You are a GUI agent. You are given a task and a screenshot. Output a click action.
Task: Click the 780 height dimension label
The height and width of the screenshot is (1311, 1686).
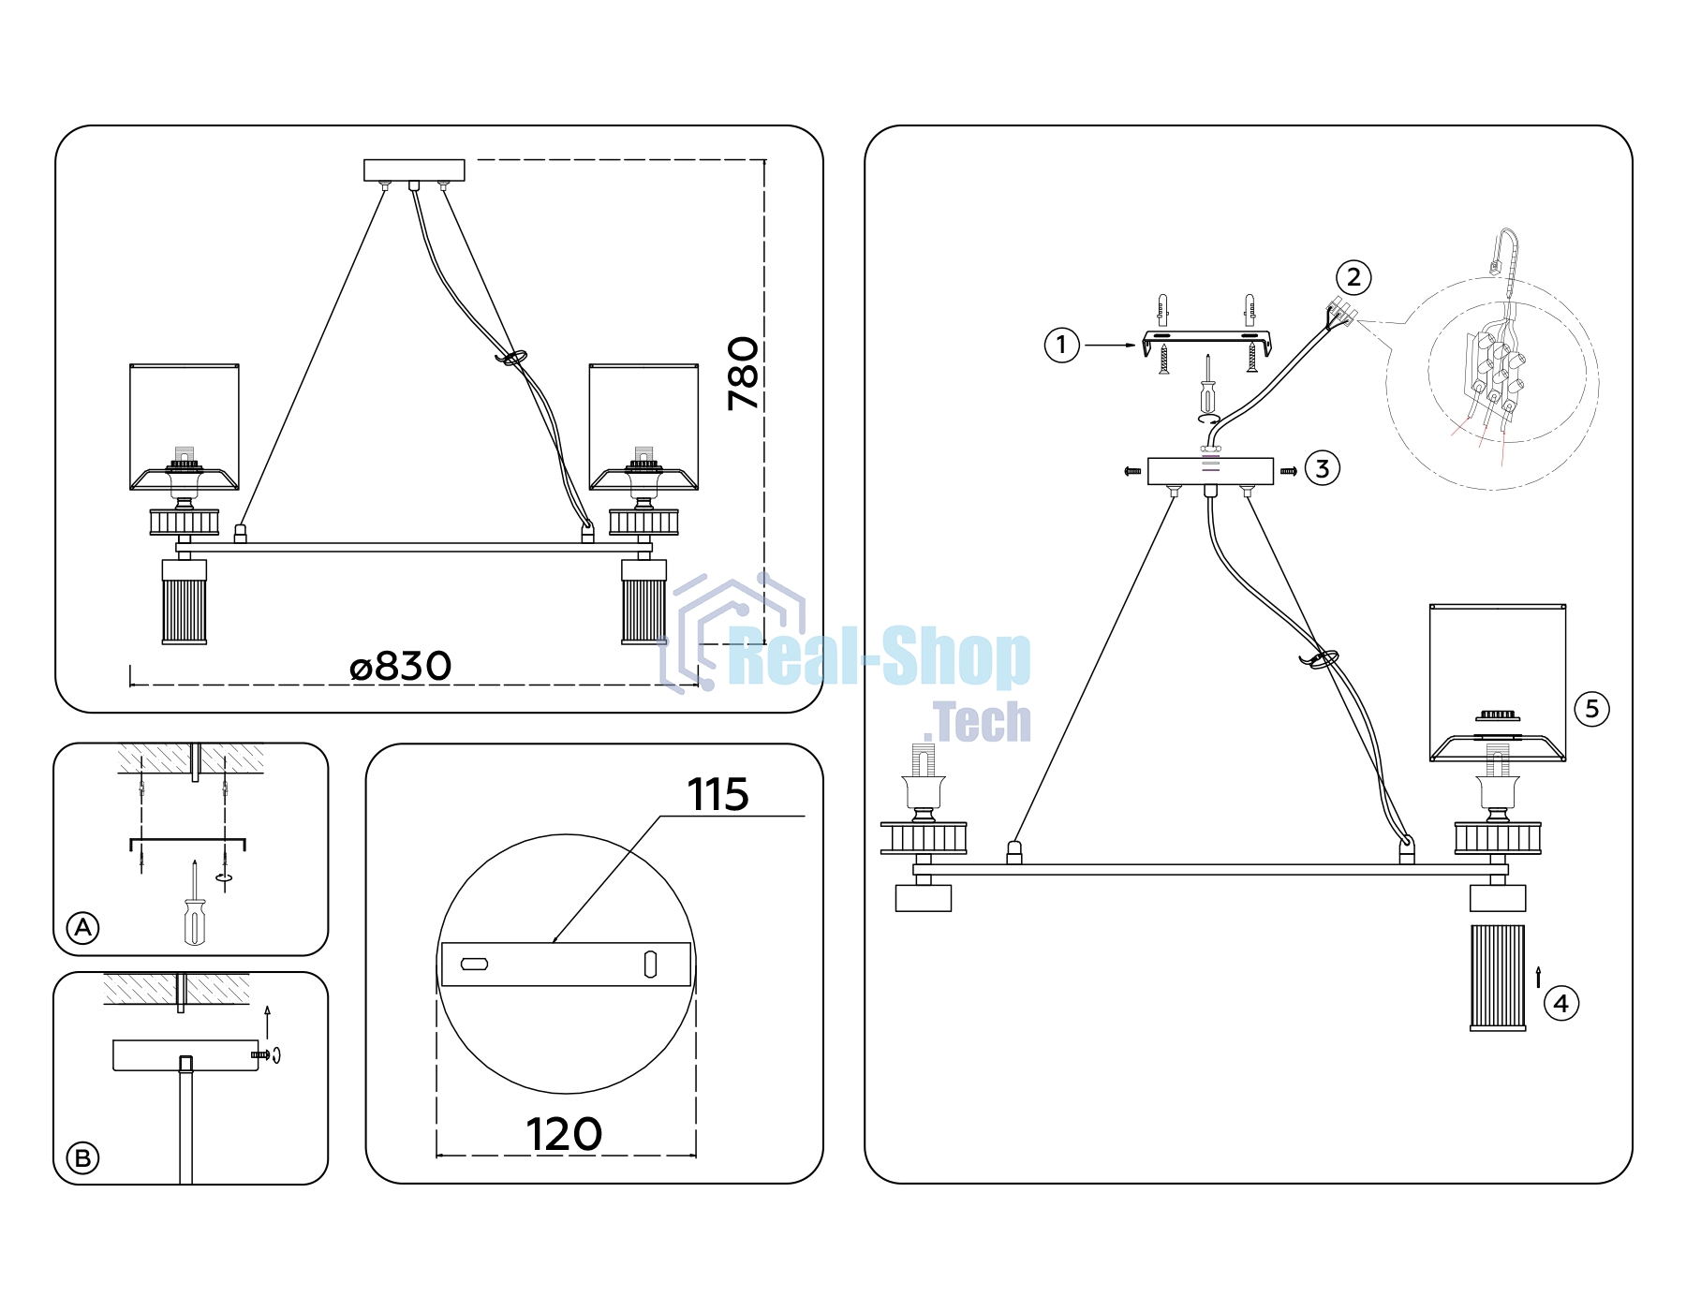[x=743, y=374]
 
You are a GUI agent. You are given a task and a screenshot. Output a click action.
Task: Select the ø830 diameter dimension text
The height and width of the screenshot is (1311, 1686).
[x=400, y=667]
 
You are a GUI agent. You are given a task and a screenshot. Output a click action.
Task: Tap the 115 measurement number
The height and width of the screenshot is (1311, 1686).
[x=718, y=795]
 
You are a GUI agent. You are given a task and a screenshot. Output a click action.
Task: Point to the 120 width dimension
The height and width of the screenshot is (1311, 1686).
[x=564, y=1135]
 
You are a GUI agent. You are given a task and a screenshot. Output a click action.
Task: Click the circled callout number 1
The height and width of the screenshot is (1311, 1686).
[x=1061, y=346]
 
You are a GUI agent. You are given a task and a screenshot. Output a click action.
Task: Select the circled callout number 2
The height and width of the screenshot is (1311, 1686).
[x=1353, y=277]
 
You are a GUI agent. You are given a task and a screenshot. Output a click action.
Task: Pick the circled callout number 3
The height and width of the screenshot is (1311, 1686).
[x=1322, y=468]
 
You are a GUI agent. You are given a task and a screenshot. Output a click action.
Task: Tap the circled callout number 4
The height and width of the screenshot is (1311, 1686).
[x=1560, y=1004]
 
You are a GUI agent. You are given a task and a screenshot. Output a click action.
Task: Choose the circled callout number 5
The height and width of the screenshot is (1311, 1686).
[x=1592, y=709]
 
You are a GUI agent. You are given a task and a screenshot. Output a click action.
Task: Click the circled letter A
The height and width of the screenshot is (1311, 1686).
[x=83, y=928]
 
